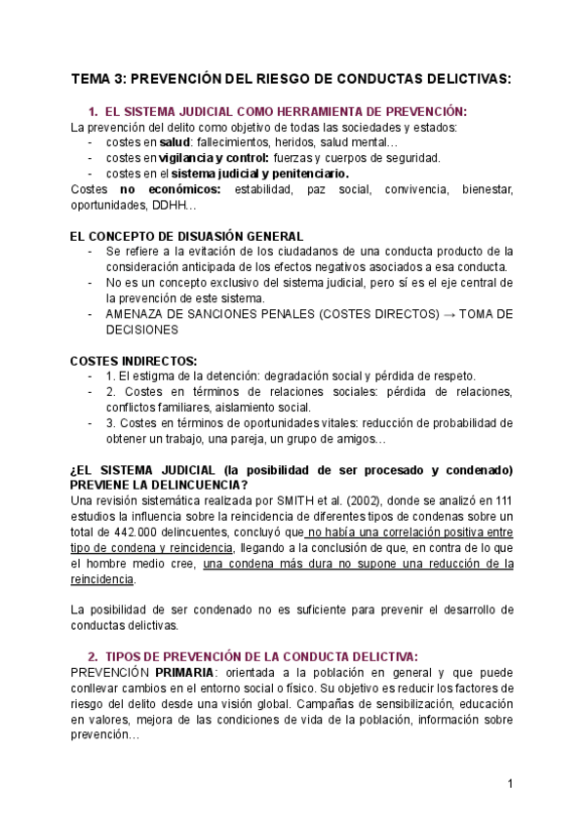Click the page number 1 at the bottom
click(510, 783)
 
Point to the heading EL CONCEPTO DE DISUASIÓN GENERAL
click(186, 236)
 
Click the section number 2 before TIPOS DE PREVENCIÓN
click(93, 657)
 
